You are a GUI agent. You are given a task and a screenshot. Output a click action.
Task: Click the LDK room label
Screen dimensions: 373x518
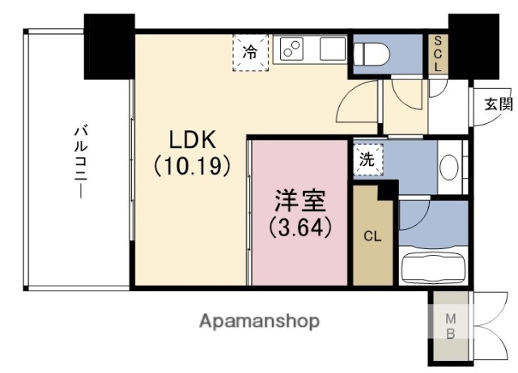coord(193,140)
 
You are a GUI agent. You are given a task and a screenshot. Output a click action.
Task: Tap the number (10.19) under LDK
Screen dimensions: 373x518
coord(193,166)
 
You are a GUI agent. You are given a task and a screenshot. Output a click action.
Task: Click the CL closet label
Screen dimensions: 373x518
coord(372,236)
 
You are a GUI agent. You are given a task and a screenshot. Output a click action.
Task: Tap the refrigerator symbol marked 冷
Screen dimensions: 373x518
coord(250,53)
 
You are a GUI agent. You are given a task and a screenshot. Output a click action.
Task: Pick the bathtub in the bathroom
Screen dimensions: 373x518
coord(434,266)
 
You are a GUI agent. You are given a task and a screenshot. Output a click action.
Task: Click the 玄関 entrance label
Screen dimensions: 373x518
coord(499,103)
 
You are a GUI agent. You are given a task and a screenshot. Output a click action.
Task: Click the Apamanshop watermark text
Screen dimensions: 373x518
coord(259,320)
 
